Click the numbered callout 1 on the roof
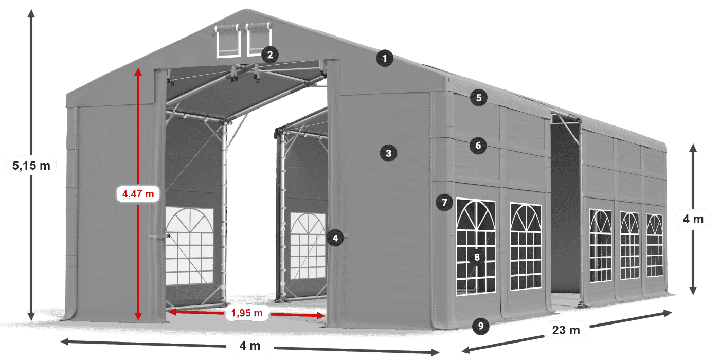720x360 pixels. pyautogui.click(x=384, y=59)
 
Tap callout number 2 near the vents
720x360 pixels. pyautogui.click(x=269, y=55)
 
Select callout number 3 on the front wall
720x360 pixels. pyautogui.click(x=388, y=153)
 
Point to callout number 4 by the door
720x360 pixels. pyautogui.click(x=335, y=238)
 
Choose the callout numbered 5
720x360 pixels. pyautogui.click(x=479, y=98)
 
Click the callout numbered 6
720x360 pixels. pyautogui.click(x=478, y=146)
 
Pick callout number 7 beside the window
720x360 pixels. pyautogui.click(x=444, y=203)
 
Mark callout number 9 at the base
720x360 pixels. pyautogui.click(x=480, y=325)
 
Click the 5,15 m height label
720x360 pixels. pyautogui.click(x=31, y=166)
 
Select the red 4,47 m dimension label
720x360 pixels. pyautogui.click(x=138, y=194)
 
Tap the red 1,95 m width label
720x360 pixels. pyautogui.click(x=247, y=312)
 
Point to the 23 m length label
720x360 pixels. pyautogui.click(x=566, y=330)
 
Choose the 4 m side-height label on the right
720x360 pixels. pyautogui.click(x=693, y=220)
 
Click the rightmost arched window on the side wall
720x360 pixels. pyautogui.click(x=655, y=246)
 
